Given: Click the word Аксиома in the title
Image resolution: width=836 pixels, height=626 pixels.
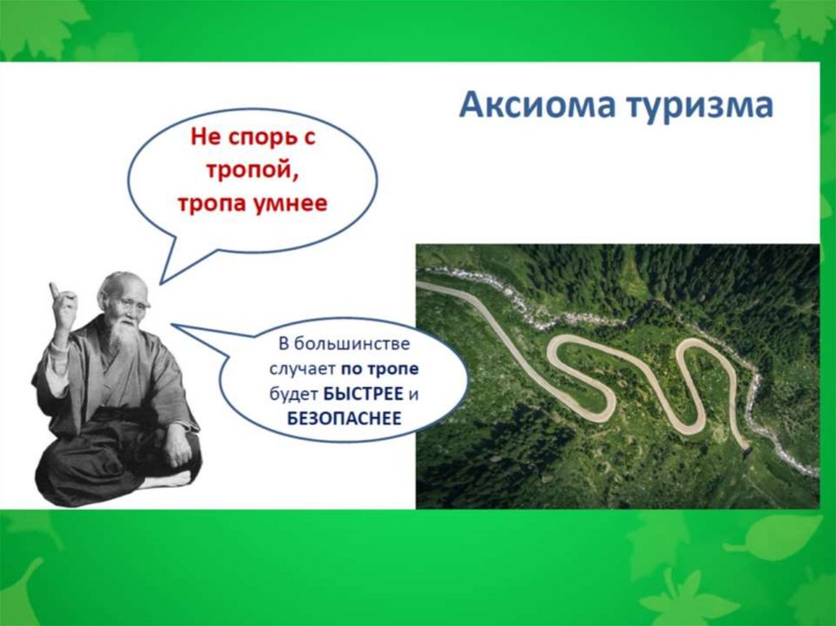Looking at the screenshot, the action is coord(537,105).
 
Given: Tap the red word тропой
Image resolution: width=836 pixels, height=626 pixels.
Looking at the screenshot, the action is coord(251,171).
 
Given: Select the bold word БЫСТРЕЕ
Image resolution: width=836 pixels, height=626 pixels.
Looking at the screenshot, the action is coord(362,393).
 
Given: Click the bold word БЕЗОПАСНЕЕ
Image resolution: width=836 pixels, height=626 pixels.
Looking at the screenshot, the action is coord(344,419).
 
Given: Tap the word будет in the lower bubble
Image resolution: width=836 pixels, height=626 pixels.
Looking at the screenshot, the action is coord(294,393).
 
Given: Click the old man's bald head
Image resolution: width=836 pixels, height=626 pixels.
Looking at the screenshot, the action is coord(121,282).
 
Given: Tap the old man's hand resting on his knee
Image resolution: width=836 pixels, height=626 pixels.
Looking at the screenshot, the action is coord(176,448).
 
